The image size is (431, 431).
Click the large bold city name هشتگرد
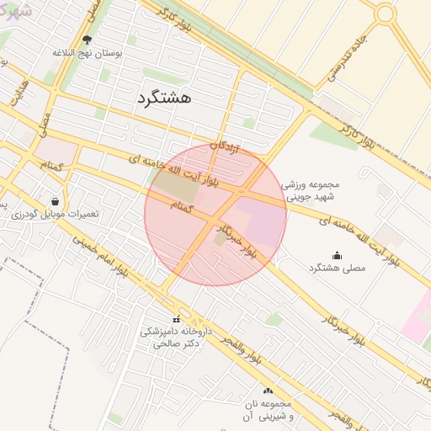click(163, 98)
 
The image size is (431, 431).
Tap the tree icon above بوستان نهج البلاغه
click(88, 40)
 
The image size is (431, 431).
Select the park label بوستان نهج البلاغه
click(88, 52)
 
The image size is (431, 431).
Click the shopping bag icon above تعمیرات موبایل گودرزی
click(55, 201)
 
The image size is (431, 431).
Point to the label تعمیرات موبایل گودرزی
click(56, 214)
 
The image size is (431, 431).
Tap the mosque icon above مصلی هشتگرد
click(338, 255)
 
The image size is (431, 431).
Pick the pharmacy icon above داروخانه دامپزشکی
click(176, 319)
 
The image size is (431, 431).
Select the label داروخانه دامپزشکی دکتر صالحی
click(175, 338)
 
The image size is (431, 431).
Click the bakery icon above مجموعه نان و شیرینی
click(269, 391)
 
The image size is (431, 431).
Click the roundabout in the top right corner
click(386, 13)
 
